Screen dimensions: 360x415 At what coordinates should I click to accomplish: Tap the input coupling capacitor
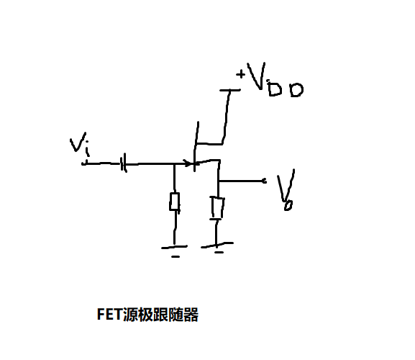click(124, 165)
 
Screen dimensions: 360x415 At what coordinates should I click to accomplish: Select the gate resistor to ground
click(174, 202)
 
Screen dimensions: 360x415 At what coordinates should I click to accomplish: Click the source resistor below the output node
click(217, 208)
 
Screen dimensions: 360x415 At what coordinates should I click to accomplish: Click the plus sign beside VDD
click(240, 73)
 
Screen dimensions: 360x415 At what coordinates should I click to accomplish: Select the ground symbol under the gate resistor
click(175, 249)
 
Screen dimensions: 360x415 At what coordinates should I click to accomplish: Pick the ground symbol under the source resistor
click(218, 247)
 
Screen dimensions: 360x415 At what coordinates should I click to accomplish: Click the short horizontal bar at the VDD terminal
click(229, 91)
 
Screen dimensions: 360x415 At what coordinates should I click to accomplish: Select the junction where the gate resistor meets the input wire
click(174, 164)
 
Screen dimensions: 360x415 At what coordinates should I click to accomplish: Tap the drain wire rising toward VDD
click(226, 115)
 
